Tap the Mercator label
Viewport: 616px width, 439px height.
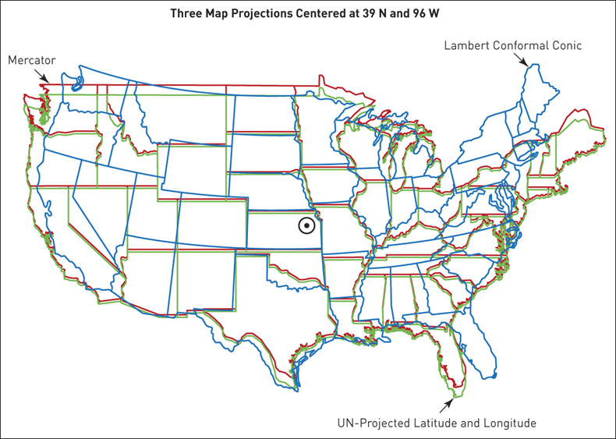pyautogui.click(x=31, y=60)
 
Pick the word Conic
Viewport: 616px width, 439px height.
pyautogui.click(x=567, y=45)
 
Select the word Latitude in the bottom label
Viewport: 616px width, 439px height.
pyautogui.click(x=435, y=424)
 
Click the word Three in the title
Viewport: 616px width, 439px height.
pyautogui.click(x=185, y=13)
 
